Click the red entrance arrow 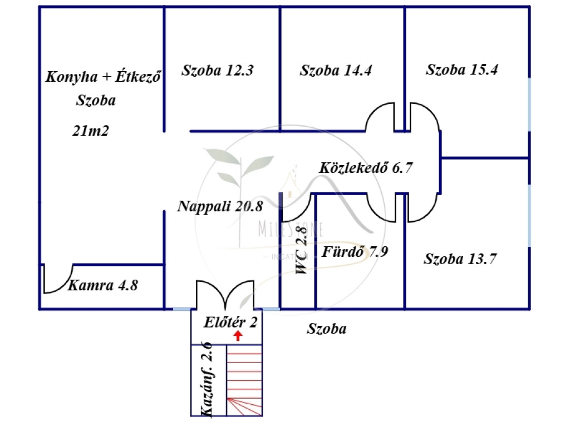[x=238, y=335]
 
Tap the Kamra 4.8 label [x=102, y=286]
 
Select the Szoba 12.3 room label [x=218, y=71]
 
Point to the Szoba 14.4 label [x=336, y=71]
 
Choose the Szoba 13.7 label [x=460, y=259]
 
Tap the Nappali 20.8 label [x=220, y=206]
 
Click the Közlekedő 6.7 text [x=366, y=167]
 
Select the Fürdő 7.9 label [x=355, y=252]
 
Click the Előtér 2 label [x=230, y=322]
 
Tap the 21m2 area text [x=90, y=131]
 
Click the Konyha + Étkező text [x=104, y=77]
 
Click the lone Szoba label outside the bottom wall [x=327, y=329]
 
